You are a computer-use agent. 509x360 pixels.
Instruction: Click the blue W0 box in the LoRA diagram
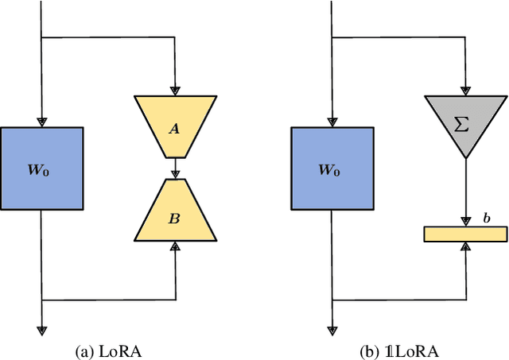pos(42,168)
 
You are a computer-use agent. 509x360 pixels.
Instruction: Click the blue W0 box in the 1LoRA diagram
pos(332,168)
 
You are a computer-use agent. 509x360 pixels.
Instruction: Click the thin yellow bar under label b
pos(464,234)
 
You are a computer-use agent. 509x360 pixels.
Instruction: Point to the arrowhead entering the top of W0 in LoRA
pos(42,121)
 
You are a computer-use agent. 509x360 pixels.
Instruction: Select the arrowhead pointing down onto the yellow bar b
pos(464,222)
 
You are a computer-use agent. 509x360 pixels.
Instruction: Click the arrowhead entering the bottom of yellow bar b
pos(464,246)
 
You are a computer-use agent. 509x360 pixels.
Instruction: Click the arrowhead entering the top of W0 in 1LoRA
pos(332,121)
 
